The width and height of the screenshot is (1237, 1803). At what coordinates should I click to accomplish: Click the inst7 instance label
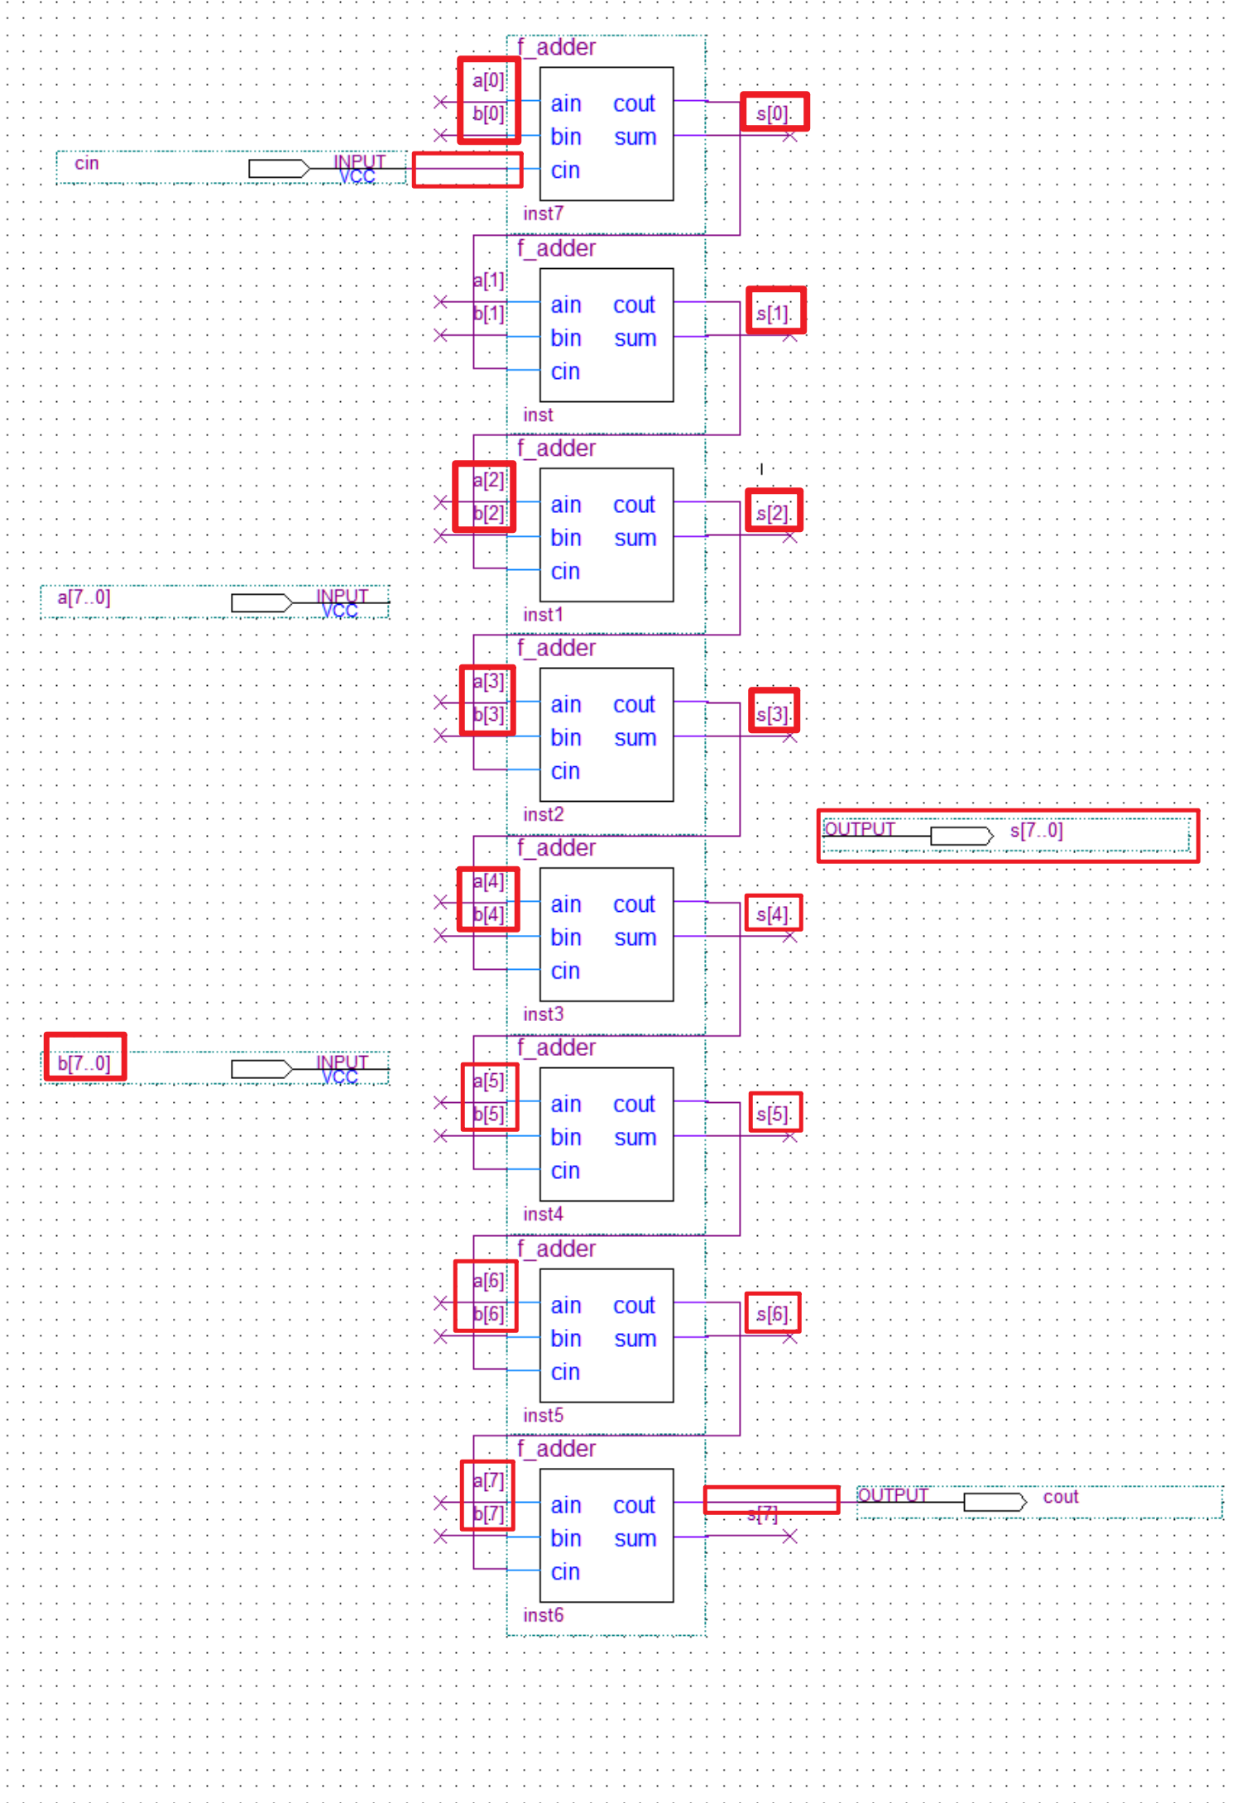[x=543, y=213]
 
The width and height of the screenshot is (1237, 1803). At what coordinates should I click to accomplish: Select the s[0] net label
[x=773, y=113]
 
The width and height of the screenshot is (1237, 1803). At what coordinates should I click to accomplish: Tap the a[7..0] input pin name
[x=84, y=597]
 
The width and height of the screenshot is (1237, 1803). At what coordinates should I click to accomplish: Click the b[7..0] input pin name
[x=84, y=1063]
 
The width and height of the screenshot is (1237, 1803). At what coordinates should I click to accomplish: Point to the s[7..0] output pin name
[x=1036, y=830]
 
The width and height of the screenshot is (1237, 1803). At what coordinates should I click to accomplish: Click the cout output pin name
[x=1060, y=1497]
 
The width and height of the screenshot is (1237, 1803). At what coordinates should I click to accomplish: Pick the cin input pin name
[x=86, y=163]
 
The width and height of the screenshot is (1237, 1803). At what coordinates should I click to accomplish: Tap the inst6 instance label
[x=543, y=1615]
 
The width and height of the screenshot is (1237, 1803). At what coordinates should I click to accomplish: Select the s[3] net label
[x=773, y=713]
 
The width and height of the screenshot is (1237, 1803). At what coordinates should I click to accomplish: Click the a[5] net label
[x=488, y=1081]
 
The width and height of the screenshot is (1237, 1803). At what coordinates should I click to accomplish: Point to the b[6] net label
[x=488, y=1314]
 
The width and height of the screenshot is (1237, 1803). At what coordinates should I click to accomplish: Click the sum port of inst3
[x=635, y=937]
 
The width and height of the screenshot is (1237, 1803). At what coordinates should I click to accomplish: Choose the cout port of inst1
[x=634, y=505]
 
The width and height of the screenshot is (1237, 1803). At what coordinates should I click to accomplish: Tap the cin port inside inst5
[x=565, y=1372]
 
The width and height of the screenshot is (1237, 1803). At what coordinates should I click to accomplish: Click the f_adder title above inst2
[x=556, y=648]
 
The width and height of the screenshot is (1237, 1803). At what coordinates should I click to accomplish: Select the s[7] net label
[x=762, y=1514]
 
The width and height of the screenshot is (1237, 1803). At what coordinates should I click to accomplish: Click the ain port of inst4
[x=566, y=1105]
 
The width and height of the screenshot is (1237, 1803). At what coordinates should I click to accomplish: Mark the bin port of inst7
[x=566, y=137]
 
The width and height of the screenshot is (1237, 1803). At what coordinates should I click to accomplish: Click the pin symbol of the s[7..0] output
[x=961, y=836]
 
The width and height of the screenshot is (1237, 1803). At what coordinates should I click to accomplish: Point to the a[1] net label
[x=488, y=281]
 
